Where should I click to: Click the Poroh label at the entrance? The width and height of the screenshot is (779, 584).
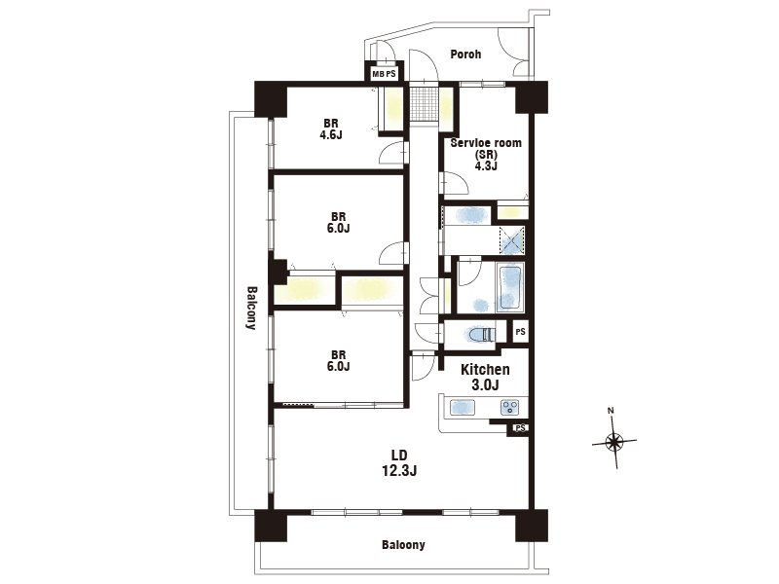(465, 55)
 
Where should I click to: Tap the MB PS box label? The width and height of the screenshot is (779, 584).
(384, 74)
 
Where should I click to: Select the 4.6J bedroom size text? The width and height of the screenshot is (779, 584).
(331, 134)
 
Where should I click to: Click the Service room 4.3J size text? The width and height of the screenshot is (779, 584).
(485, 165)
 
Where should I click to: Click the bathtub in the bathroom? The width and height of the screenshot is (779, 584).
(509, 288)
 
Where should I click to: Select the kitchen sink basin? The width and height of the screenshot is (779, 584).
(463, 408)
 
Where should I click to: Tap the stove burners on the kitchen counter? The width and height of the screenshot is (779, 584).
(509, 408)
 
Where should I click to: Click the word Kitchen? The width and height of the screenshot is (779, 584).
(485, 370)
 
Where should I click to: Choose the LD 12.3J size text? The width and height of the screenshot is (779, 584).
(399, 470)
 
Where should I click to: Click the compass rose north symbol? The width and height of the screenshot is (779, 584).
(614, 441)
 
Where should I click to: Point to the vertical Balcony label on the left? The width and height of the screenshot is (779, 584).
(252, 308)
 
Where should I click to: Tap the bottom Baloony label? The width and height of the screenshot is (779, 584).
(403, 545)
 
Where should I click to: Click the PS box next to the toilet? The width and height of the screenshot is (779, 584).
(520, 332)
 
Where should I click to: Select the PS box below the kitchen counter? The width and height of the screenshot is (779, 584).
(520, 427)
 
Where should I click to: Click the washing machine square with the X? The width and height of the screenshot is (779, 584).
(511, 240)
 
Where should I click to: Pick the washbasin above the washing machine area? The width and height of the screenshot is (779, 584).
(467, 215)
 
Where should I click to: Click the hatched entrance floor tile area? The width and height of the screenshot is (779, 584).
(424, 103)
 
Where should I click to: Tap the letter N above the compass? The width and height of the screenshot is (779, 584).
(611, 411)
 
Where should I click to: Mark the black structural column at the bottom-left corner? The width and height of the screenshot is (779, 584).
(271, 526)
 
